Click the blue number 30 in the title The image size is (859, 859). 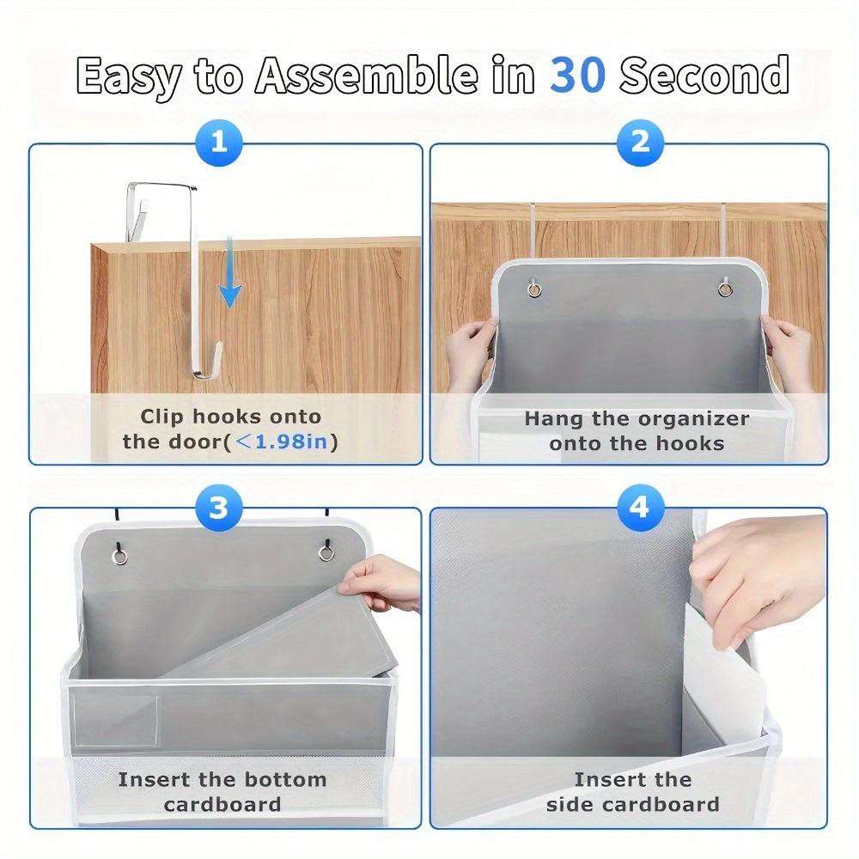pos(577,76)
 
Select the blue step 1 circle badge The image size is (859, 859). pos(220,141)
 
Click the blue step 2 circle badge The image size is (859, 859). pos(640,141)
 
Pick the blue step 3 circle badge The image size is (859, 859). pos(220,507)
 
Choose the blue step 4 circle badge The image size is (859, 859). pos(640,507)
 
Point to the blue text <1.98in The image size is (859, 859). pos(283,442)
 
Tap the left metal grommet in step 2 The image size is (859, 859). pos(534,289)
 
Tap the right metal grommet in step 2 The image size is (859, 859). pos(726,289)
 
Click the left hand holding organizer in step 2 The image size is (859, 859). pos(468,339)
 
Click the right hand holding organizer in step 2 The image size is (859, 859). pos(789,344)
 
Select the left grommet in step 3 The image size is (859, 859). pos(121,556)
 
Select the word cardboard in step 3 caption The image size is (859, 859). pos(222,805)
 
